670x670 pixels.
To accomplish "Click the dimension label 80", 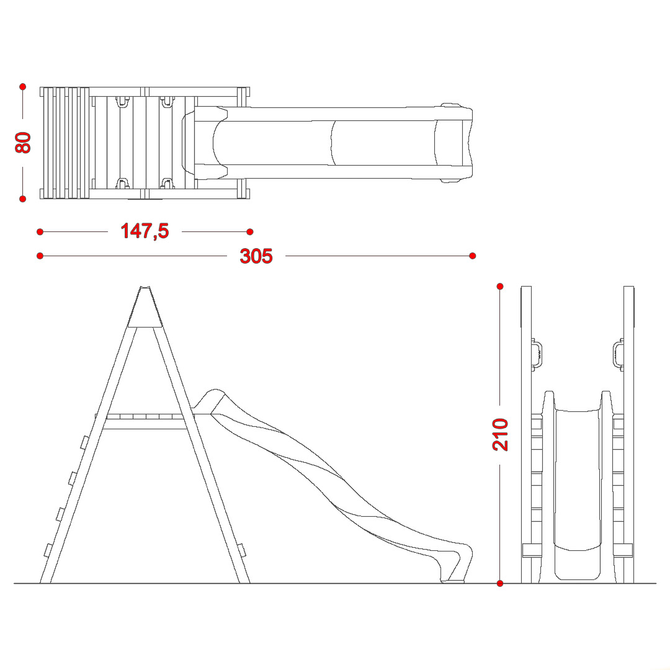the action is pos(23,143).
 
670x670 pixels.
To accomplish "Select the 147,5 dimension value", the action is pos(145,231).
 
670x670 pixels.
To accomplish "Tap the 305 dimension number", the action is pos(256,256).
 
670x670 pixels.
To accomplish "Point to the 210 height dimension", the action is pos(501,434).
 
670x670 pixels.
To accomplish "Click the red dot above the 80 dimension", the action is pos(23,87).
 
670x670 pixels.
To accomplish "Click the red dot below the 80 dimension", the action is pos(23,199).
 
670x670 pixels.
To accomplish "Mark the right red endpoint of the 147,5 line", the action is pos(250,231).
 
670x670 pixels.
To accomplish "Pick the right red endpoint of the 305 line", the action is pos(472,256).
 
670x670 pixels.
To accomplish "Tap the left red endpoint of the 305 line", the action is pos(40,256).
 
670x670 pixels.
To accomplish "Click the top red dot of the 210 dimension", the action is pos(500,286).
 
